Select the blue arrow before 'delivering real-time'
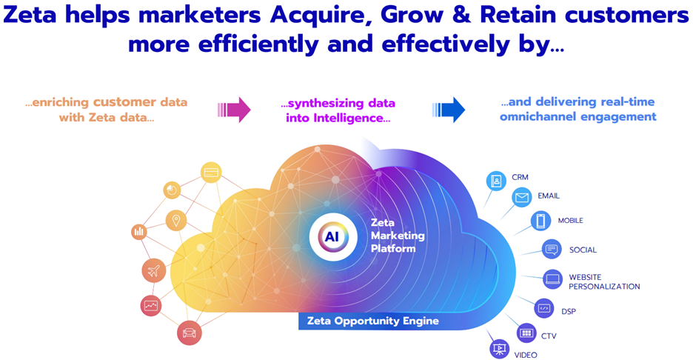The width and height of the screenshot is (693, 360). (x=449, y=110)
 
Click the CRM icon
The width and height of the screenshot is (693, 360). (x=495, y=180)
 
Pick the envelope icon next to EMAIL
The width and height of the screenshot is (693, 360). (x=521, y=197)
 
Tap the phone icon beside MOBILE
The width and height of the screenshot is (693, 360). (x=540, y=221)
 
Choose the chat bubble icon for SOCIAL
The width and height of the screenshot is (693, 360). (x=552, y=250)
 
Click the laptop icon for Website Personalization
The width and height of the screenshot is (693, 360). (x=552, y=279)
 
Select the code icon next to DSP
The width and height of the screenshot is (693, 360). (x=543, y=308)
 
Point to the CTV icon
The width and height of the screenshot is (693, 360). (x=526, y=333)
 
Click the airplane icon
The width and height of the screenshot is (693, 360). (x=153, y=271)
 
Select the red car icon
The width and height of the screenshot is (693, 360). (x=190, y=333)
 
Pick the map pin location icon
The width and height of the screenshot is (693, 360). (x=175, y=220)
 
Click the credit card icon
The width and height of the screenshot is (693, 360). (x=211, y=173)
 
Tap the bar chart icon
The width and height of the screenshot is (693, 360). (x=138, y=233)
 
